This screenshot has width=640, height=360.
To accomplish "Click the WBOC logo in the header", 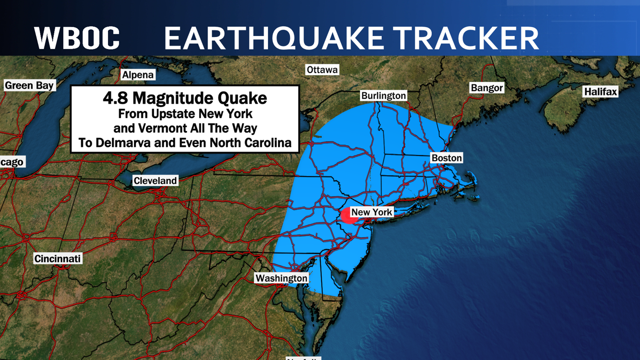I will (x=77, y=38).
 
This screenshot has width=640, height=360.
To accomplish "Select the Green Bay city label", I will (x=29, y=85).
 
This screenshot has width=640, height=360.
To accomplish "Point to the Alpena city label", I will (x=138, y=75).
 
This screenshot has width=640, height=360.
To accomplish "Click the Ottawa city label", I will (x=322, y=70).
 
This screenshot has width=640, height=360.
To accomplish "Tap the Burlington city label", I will (x=384, y=96).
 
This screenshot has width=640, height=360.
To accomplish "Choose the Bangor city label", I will (x=486, y=88).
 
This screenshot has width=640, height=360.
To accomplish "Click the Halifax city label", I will (x=600, y=91).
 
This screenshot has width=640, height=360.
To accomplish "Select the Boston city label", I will (x=447, y=158).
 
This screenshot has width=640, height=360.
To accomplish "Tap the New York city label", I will (x=372, y=212).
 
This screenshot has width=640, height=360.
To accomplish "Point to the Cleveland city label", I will (x=155, y=181).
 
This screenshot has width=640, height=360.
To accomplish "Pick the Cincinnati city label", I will (x=58, y=259).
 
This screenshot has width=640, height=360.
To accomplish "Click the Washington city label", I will (x=281, y=278).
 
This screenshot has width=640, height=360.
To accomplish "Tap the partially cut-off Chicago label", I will (x=12, y=162).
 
